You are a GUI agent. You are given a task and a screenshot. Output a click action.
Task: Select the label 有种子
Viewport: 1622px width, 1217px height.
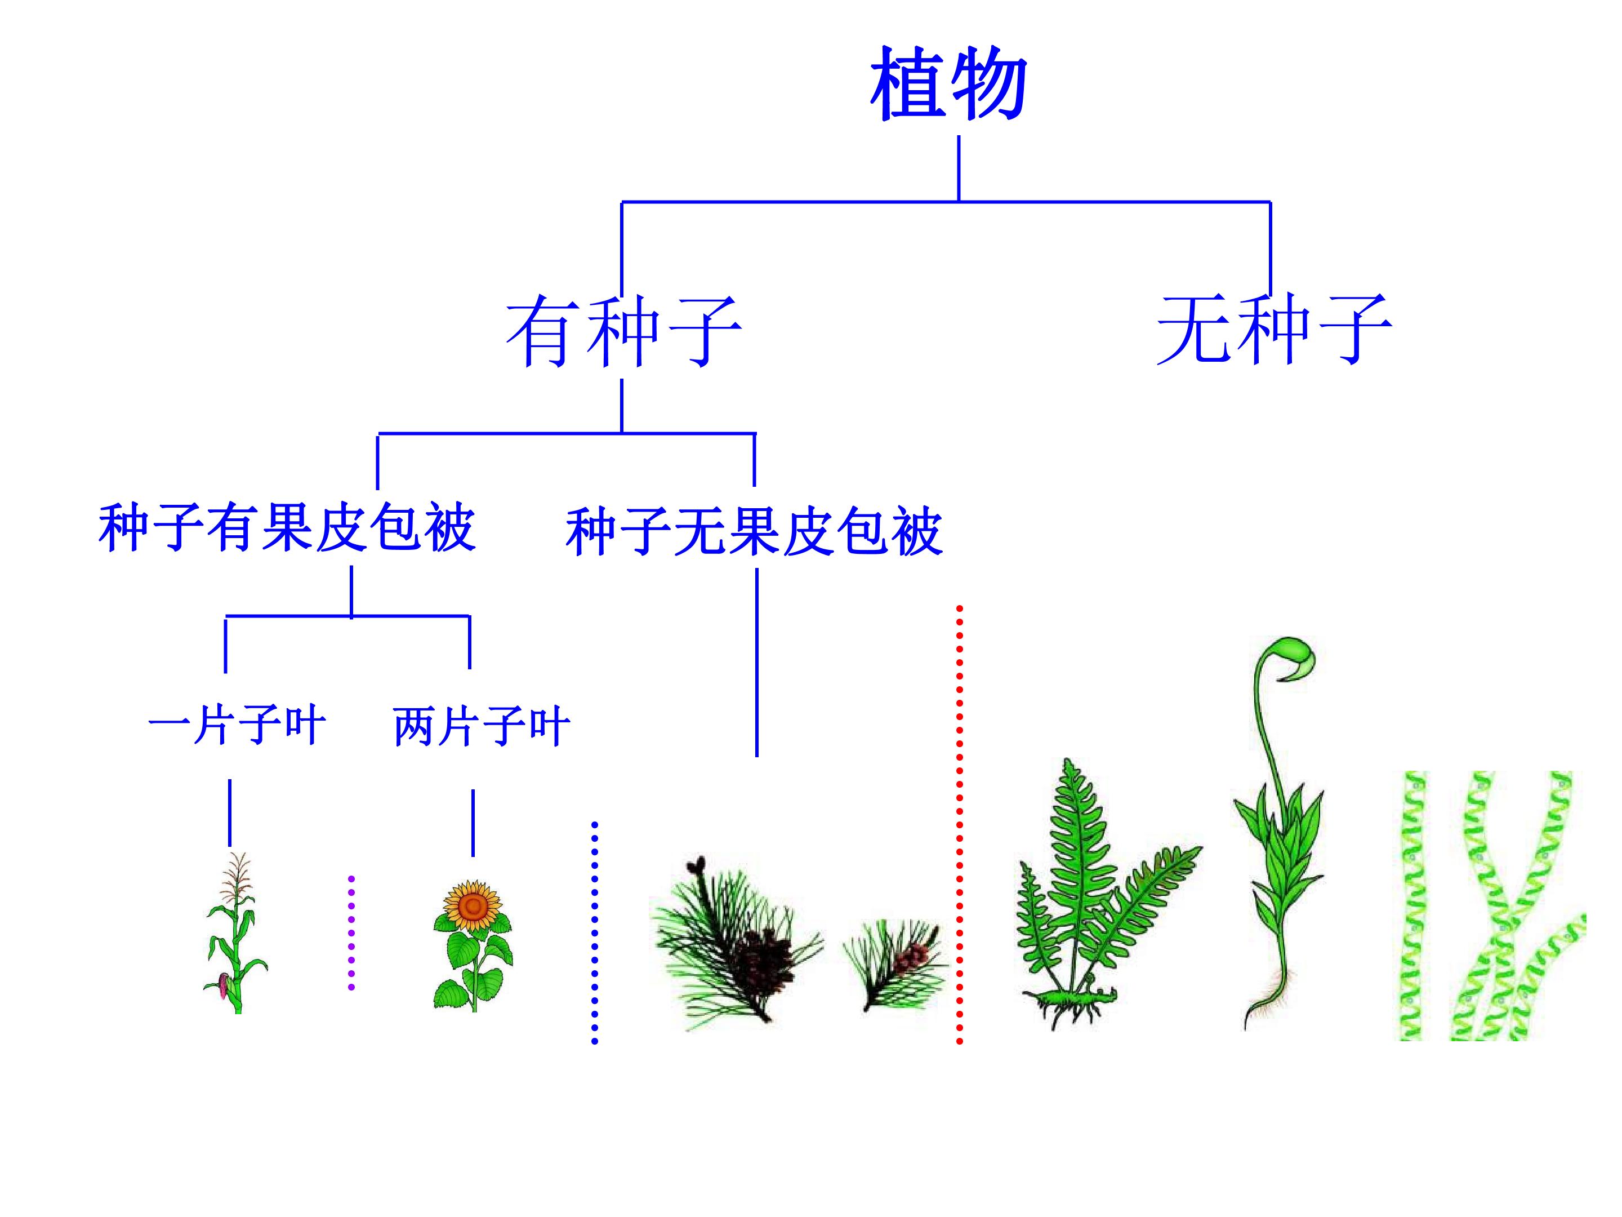point(624,331)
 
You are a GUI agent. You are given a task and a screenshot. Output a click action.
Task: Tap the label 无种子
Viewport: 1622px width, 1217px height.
point(1274,330)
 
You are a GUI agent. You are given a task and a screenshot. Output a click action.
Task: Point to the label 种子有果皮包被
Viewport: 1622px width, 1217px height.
point(287,528)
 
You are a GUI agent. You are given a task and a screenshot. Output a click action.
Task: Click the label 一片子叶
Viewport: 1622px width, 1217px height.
point(236,726)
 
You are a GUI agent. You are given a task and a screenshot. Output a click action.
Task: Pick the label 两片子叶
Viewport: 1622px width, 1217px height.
point(482,727)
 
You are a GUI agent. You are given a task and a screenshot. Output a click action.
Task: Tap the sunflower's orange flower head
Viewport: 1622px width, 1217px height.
point(473,908)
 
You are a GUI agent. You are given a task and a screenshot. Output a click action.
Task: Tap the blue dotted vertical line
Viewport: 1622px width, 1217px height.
point(594,932)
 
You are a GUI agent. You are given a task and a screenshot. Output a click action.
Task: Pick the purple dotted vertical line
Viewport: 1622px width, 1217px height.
point(351,932)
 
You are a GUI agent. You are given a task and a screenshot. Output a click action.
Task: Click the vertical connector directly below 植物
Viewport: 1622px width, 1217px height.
point(959,168)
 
